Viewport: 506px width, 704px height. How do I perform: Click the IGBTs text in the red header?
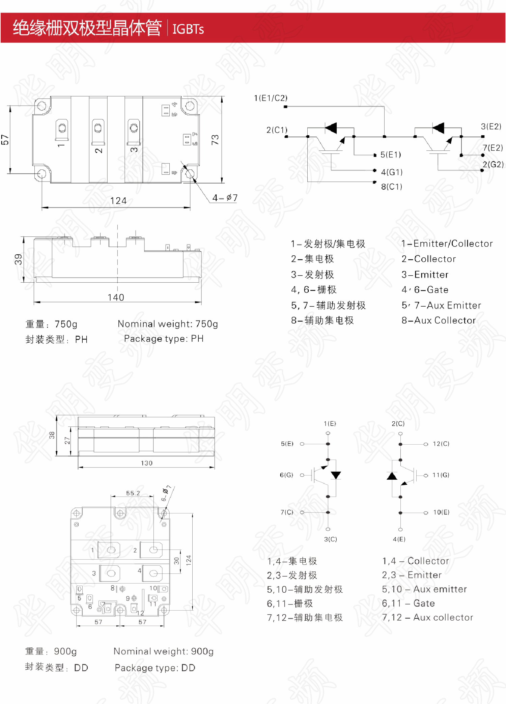pyautogui.click(x=188, y=29)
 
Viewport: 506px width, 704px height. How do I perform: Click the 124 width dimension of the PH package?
pyautogui.click(x=118, y=201)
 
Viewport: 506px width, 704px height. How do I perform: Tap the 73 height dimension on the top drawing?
pyautogui.click(x=215, y=140)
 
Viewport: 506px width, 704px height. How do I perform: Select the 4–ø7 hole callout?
pyautogui.click(x=225, y=198)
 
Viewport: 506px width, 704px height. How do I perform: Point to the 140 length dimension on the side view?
pyautogui.click(x=116, y=298)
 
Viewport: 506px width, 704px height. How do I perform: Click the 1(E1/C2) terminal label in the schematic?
pyautogui.click(x=271, y=98)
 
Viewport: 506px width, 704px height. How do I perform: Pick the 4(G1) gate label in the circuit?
pyautogui.click(x=392, y=172)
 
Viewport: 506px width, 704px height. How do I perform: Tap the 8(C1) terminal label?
pyautogui.click(x=391, y=187)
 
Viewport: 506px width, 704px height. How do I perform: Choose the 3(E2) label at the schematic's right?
pyautogui.click(x=491, y=126)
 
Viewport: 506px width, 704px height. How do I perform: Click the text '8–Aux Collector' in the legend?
pyautogui.click(x=438, y=320)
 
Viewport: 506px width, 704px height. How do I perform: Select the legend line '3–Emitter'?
pyautogui.click(x=425, y=275)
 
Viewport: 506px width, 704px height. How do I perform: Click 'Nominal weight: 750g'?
pyautogui.click(x=168, y=324)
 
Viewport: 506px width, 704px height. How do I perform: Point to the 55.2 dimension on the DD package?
pyautogui.click(x=133, y=493)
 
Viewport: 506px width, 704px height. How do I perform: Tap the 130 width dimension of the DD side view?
pyautogui.click(x=146, y=463)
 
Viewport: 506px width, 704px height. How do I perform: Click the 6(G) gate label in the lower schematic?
pyautogui.click(x=286, y=475)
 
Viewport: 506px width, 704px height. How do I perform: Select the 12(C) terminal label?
pyautogui.click(x=441, y=444)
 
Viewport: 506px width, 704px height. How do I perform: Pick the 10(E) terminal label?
pyautogui.click(x=441, y=512)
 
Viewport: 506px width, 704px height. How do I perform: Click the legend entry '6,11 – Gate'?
pyautogui.click(x=408, y=603)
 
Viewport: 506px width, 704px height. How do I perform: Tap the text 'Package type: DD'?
pyautogui.click(x=155, y=668)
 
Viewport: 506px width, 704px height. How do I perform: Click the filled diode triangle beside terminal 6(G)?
pyautogui.click(x=336, y=475)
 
